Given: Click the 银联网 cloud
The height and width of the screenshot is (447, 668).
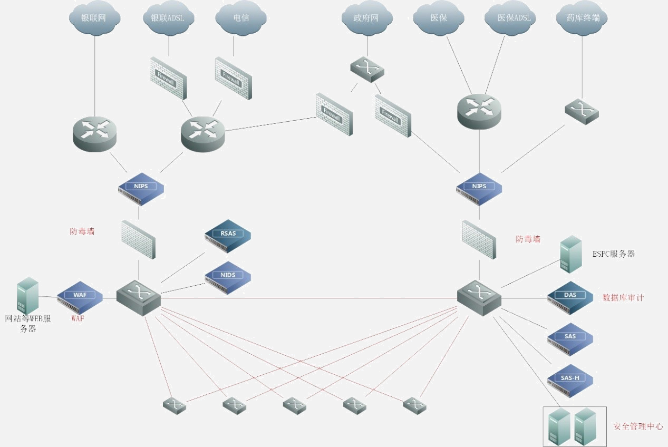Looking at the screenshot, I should point(94,18).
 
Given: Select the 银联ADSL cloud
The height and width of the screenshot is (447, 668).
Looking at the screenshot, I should point(168,18).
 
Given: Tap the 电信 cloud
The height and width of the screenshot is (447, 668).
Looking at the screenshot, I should point(241,18).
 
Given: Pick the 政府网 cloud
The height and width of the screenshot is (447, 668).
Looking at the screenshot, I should point(367,18).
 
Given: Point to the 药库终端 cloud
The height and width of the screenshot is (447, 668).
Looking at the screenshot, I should point(582,18).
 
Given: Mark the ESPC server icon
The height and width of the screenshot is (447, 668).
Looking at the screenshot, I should point(571,254).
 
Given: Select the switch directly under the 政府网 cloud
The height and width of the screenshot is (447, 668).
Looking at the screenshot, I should point(367,68).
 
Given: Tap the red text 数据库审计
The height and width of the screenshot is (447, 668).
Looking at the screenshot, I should point(623,298).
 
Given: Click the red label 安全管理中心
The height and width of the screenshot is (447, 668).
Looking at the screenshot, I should point(638,426).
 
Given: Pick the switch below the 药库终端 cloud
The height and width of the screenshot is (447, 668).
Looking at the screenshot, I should point(582,111).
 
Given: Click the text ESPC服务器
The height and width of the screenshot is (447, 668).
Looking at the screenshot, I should point(614,254).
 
